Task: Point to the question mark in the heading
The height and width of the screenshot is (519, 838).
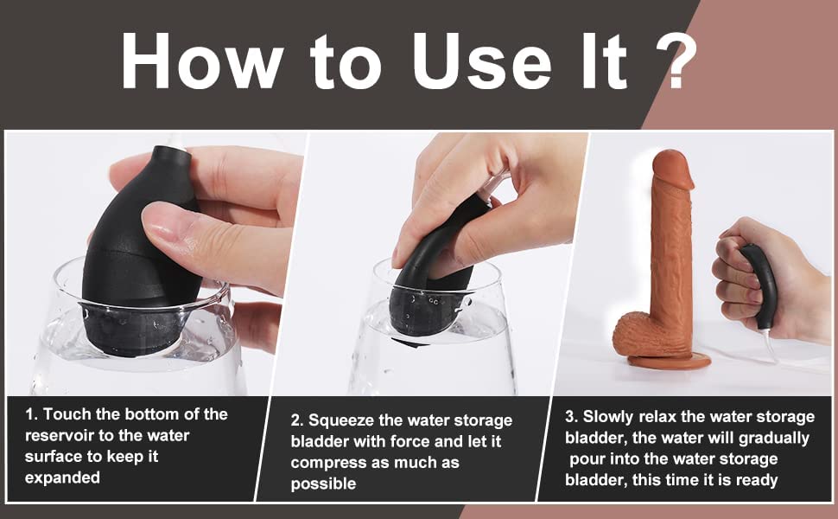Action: tap(676, 61)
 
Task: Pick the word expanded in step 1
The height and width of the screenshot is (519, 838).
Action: tap(62, 477)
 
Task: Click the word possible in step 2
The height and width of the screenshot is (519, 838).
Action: tap(323, 484)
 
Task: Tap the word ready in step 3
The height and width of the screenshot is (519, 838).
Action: tap(757, 480)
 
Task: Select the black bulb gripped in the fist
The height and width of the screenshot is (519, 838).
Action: tap(760, 284)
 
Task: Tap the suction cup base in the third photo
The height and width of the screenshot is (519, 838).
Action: tap(670, 362)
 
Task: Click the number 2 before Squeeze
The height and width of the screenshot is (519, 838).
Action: tap(295, 421)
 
